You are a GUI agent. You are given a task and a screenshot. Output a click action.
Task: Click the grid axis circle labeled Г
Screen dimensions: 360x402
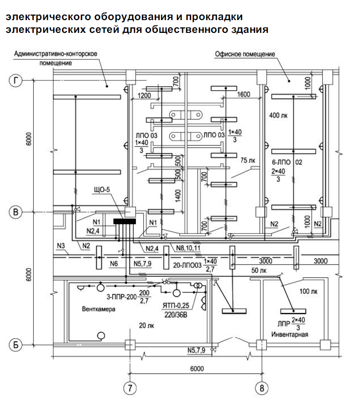[x=16, y=81]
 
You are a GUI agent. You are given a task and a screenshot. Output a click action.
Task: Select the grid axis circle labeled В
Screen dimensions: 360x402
[x=16, y=212]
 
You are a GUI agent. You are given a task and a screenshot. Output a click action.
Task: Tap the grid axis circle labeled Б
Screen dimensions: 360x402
[x=16, y=345]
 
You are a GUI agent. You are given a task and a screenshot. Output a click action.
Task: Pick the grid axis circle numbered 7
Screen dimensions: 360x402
[x=130, y=388]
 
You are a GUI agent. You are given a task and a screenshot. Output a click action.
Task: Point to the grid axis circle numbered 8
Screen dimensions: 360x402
[x=262, y=388]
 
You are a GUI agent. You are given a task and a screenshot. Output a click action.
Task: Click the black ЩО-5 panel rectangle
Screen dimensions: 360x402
[x=125, y=221]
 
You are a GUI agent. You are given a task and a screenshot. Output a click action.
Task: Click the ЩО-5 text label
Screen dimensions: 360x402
[x=102, y=190]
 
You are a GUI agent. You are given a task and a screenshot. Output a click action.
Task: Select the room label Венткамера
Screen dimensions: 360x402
[x=99, y=309]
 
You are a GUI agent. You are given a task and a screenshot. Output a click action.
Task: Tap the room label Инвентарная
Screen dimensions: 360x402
[x=290, y=334]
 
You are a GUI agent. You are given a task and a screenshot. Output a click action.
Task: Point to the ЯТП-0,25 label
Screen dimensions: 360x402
[x=176, y=305]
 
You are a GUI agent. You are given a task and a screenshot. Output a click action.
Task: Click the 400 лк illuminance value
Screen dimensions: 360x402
[x=278, y=116]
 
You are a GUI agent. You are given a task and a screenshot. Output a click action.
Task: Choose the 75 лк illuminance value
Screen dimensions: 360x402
[x=248, y=160]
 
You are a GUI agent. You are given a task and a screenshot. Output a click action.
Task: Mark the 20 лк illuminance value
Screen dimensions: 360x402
[x=147, y=325]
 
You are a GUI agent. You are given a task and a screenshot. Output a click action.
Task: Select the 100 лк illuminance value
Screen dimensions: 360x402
[x=308, y=291]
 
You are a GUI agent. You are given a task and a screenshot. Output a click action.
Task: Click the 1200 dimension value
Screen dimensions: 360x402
[x=144, y=95]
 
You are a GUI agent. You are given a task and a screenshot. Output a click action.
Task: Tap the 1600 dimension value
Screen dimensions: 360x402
[x=244, y=95]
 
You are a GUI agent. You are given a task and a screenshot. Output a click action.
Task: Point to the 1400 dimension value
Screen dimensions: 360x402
[x=178, y=196]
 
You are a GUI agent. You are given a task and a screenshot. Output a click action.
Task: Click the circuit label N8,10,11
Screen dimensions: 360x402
[x=188, y=248]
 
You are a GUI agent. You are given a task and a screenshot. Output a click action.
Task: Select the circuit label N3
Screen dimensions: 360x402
[x=61, y=246]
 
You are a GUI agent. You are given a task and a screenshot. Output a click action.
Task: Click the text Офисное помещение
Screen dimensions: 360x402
[x=245, y=54]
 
